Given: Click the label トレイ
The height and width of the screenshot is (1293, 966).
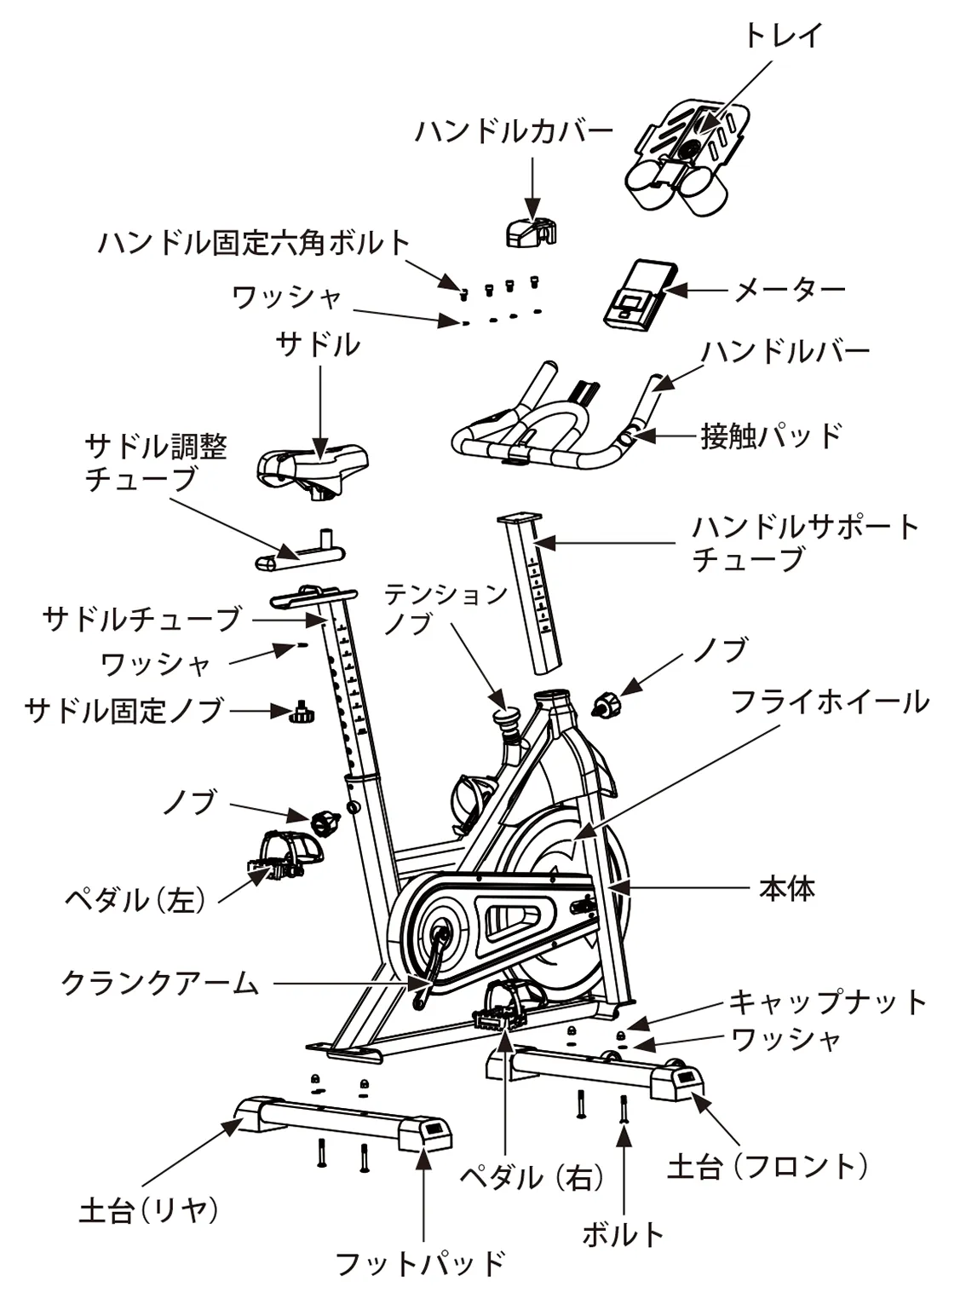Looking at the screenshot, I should click(x=782, y=36).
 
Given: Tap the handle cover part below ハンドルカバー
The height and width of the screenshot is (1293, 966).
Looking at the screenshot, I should click(x=532, y=231).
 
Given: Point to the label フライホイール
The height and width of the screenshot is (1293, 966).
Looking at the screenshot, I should click(x=830, y=702).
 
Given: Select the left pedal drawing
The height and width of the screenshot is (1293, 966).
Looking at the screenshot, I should click(x=285, y=853).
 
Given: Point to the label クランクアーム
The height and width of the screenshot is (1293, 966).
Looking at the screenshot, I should click(x=159, y=984).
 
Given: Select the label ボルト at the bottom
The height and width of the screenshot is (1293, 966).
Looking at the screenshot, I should click(x=623, y=1233).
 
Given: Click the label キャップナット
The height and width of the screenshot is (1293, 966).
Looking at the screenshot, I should click(x=827, y=1001).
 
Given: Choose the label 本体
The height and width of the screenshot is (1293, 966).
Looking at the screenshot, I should click(x=787, y=888).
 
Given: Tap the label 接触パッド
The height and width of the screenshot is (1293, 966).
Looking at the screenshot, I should click(x=771, y=436).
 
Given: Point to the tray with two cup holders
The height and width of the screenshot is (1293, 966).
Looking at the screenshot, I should click(x=686, y=153).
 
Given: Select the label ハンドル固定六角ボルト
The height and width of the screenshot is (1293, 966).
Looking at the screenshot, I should click(x=254, y=243).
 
